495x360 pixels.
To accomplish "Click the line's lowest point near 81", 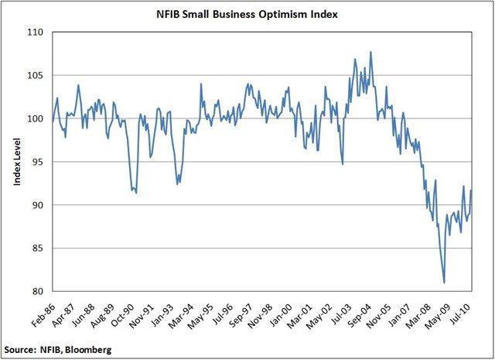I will pos(444,283).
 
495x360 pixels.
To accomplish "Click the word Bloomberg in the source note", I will pos(87,351).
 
